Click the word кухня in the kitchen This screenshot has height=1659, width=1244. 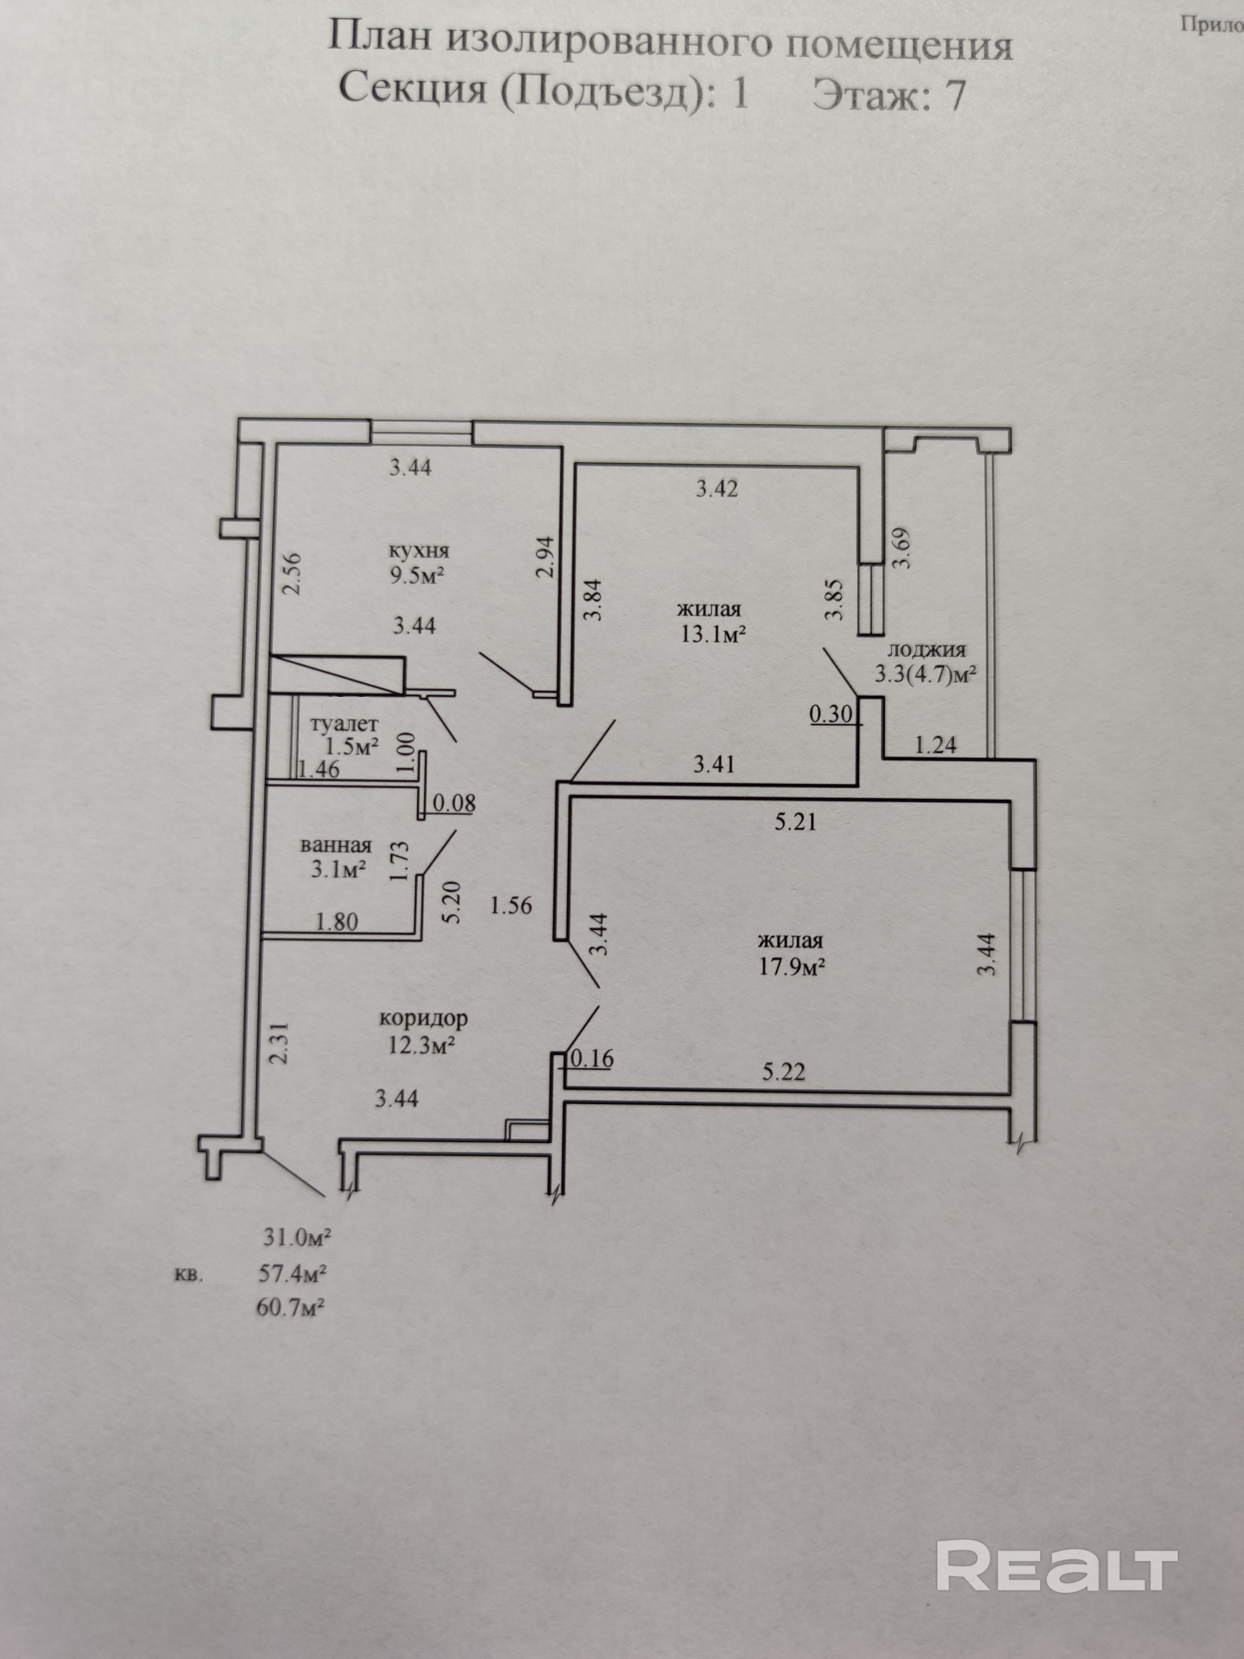tap(419, 550)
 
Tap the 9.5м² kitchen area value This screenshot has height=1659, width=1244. tap(419, 576)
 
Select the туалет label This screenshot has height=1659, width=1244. tap(344, 724)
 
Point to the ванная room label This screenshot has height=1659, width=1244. tap(336, 845)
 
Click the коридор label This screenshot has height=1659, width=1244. tap(424, 1018)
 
